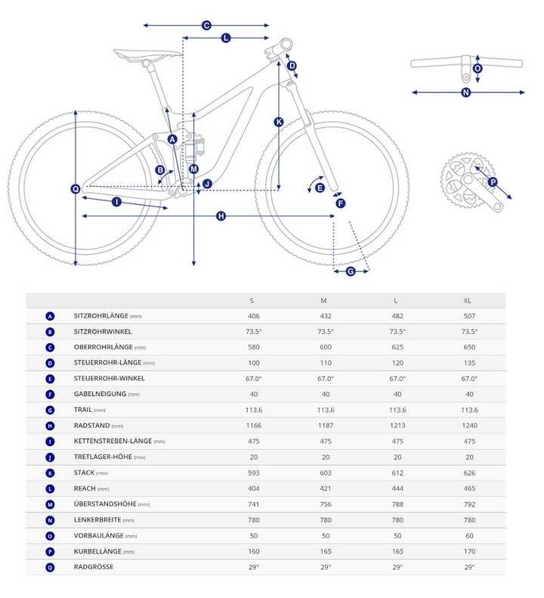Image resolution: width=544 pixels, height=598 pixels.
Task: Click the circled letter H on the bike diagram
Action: point(221,216)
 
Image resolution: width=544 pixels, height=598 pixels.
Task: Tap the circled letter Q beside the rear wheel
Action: point(75,189)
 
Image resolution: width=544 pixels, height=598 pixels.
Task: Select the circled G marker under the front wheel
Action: point(351,271)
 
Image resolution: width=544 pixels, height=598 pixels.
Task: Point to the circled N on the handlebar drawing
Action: point(465,93)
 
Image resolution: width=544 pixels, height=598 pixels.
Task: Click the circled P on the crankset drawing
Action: point(493,181)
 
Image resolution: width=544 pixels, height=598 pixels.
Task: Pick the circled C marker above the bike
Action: point(206,26)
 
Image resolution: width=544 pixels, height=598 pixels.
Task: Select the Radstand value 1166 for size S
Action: point(253,426)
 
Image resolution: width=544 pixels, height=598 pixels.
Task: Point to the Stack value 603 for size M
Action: point(324,473)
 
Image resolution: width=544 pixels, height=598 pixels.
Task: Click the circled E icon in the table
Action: point(50,379)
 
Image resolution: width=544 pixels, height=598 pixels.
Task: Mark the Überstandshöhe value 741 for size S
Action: point(253,504)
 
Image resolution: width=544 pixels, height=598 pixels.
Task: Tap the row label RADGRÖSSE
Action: point(94,567)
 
